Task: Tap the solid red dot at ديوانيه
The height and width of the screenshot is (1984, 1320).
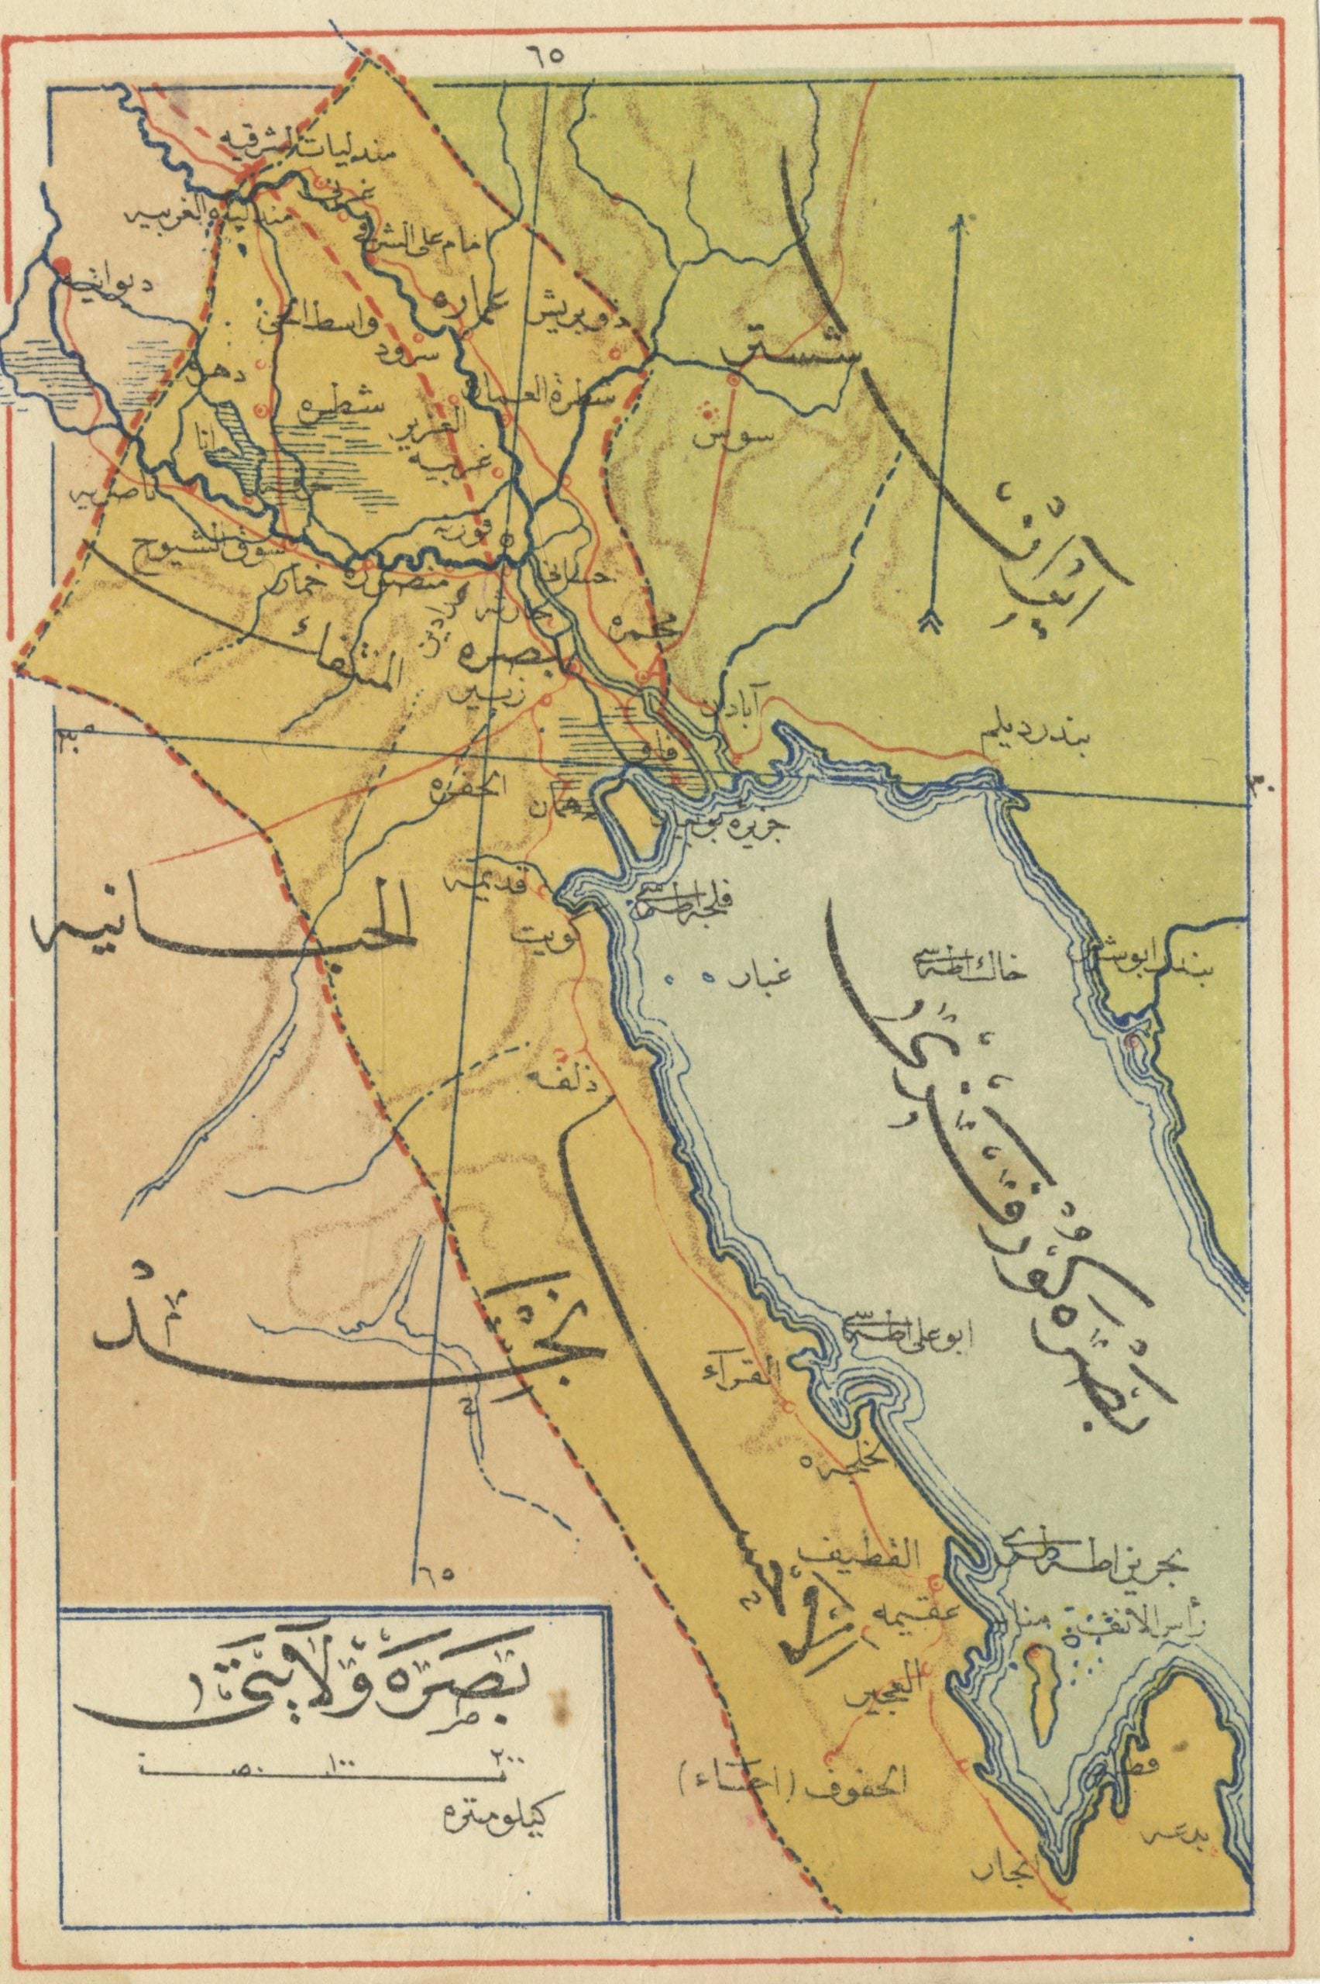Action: pyautogui.click(x=61, y=269)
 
